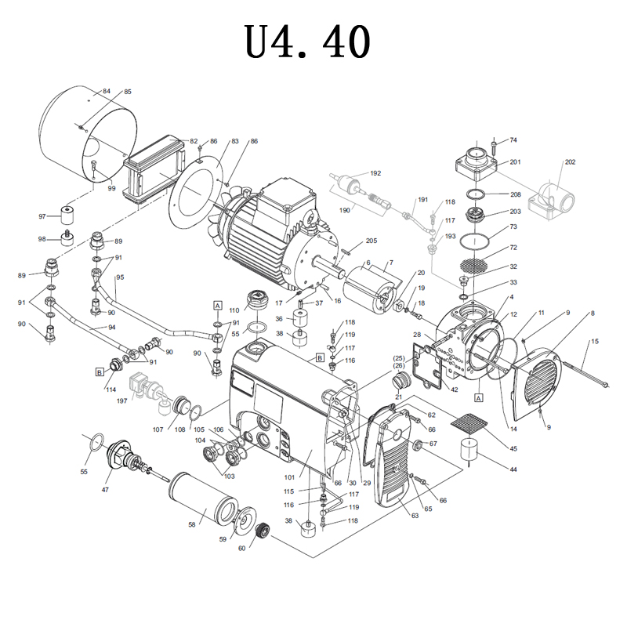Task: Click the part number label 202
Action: pyautogui.click(x=570, y=162)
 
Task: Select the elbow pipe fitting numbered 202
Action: pyautogui.click(x=556, y=196)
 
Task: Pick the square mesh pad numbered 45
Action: pyautogui.click(x=469, y=424)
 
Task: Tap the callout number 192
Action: pyautogui.click(x=375, y=173)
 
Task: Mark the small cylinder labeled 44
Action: pyautogui.click(x=472, y=450)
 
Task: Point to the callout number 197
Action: pyautogui.click(x=121, y=400)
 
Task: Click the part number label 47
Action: pyautogui.click(x=104, y=489)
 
